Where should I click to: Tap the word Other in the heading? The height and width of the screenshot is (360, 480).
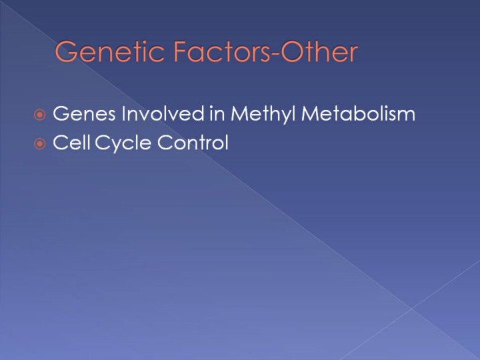319,51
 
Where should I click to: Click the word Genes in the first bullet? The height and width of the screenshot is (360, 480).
85,113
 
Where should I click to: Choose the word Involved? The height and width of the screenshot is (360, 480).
163,113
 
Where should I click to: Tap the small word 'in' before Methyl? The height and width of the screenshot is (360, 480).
217,113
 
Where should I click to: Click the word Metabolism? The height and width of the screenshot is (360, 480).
359,113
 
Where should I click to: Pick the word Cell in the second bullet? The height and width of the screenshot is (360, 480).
72,143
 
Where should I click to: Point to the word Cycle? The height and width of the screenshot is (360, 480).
123,143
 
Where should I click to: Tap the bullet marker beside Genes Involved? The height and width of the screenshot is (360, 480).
40,115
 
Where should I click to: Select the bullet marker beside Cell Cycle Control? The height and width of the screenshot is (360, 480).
40,144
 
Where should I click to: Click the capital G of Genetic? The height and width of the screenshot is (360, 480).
66,52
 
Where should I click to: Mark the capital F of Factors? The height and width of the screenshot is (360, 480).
181,52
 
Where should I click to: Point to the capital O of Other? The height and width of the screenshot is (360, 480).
292,52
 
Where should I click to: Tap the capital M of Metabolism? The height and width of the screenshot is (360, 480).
310,113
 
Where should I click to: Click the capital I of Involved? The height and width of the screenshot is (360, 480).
123,113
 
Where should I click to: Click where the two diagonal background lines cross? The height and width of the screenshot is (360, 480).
412,309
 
